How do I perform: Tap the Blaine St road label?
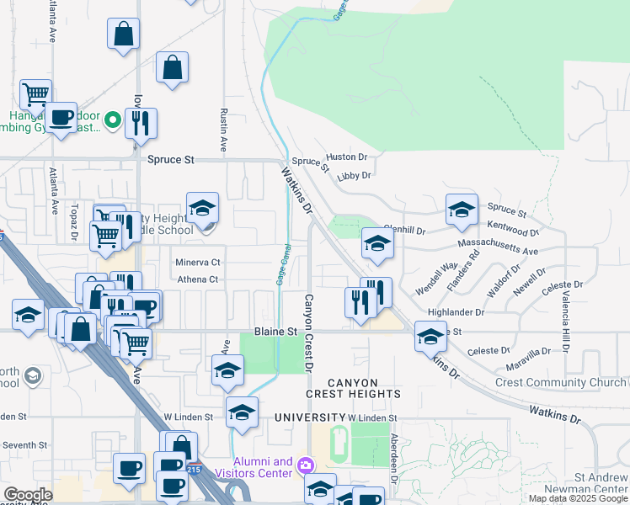coord(276,332)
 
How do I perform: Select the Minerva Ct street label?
coord(198,263)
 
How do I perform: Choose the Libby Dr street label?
coord(354,176)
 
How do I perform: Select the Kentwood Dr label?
coord(513,231)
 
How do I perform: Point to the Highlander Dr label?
coord(456,311)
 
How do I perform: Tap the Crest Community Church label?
coord(561,382)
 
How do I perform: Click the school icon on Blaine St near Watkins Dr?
coord(430,337)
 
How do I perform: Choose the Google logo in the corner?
coord(28,496)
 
